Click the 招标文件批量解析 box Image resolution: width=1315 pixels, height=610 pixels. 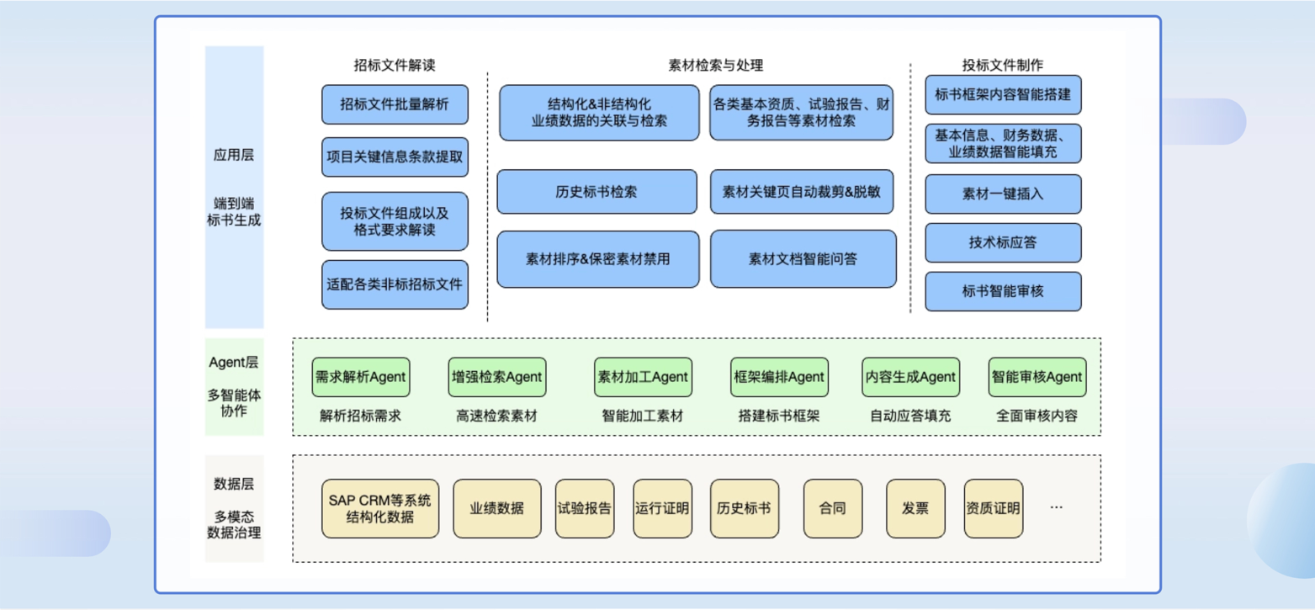pyautogui.click(x=395, y=104)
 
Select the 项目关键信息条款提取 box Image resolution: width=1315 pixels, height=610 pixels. pyautogui.click(x=395, y=157)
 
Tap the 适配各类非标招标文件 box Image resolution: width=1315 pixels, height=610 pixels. pyautogui.click(x=395, y=284)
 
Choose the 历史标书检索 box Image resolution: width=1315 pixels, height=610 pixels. pyautogui.click(x=597, y=192)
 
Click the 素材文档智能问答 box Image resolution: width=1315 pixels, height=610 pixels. pyautogui.click(x=803, y=259)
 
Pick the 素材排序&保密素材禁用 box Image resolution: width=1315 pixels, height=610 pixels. pyautogui.click(x=597, y=259)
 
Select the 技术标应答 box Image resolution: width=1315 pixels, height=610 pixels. pyautogui.click(x=1003, y=243)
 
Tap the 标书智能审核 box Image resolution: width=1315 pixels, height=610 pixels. pyautogui.click(x=1003, y=292)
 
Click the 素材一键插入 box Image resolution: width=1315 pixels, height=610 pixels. pyautogui.click(x=1003, y=194)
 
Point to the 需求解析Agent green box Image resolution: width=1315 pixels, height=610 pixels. pyautogui.click(x=360, y=377)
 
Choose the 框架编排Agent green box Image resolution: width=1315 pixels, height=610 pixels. pyautogui.click(x=779, y=377)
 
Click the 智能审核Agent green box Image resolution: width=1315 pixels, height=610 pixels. pyautogui.click(x=1037, y=377)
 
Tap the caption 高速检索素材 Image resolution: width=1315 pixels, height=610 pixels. pyautogui.click(x=496, y=416)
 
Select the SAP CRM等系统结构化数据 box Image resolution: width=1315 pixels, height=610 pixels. pyautogui.click(x=380, y=508)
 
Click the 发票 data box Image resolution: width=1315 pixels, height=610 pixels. pyautogui.click(x=915, y=508)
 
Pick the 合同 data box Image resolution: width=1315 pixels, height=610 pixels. pyautogui.click(x=832, y=508)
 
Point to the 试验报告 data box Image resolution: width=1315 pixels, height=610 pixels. pyautogui.click(x=585, y=508)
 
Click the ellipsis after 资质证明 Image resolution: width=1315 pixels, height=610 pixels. pyautogui.click(x=1057, y=507)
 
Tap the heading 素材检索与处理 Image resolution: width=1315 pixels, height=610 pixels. pyautogui.click(x=715, y=65)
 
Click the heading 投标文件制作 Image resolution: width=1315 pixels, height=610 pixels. pyautogui.click(x=1003, y=65)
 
